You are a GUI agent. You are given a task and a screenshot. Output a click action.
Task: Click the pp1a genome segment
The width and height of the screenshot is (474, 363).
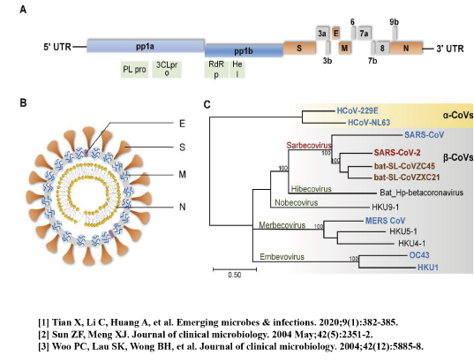coord(146,46)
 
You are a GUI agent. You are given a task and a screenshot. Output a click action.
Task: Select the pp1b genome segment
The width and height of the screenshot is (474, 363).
coord(244,50)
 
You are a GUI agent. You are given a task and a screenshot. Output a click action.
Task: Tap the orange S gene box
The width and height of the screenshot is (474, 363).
coord(299,48)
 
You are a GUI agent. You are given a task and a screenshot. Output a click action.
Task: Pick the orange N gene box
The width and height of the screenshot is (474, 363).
coord(406,48)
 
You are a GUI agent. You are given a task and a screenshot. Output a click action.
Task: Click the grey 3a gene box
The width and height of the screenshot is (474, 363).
coord(322,33)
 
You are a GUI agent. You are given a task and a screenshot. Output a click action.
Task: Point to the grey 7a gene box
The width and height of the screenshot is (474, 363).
coord(365,33)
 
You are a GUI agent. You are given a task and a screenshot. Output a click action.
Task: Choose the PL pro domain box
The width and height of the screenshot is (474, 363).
coord(134,70)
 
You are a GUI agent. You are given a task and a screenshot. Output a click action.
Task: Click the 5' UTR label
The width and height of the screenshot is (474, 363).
coord(57,47)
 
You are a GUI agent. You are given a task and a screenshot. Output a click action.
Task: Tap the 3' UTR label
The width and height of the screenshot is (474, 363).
coord(450,49)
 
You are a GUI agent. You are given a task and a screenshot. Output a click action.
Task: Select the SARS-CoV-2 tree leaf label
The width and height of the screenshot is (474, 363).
coord(397,153)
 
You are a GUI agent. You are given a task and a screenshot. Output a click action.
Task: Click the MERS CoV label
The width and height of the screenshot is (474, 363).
coord(386,221)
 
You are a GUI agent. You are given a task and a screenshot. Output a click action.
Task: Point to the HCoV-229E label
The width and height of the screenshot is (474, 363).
coord(357,111)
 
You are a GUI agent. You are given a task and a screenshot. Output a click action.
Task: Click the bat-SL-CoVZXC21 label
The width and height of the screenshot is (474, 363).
coord(407,178)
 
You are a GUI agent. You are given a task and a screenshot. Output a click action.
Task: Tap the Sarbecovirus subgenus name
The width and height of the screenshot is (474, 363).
coord(309,146)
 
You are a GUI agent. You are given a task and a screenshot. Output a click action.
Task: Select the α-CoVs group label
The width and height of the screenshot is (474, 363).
coord(458,115)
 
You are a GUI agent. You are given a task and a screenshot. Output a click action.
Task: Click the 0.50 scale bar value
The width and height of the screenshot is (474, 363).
coord(235,275)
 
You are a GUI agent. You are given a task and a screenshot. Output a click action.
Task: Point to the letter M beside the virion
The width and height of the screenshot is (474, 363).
coord(182,175)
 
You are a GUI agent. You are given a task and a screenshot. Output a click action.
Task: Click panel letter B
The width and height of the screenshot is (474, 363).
coord(23,103)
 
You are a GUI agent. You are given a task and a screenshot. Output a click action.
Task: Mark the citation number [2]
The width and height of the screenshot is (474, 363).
coord(43,335)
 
